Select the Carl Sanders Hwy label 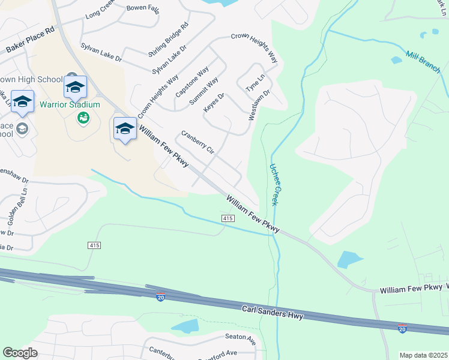click(x=273, y=313)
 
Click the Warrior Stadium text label click(x=70, y=104)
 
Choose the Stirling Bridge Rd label click(x=168, y=40)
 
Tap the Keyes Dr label click(x=214, y=102)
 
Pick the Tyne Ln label click(x=255, y=83)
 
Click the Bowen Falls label click(x=142, y=8)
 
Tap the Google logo click(x=20, y=353)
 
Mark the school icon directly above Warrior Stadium click(x=76, y=88)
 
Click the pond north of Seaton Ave click(x=185, y=326)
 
